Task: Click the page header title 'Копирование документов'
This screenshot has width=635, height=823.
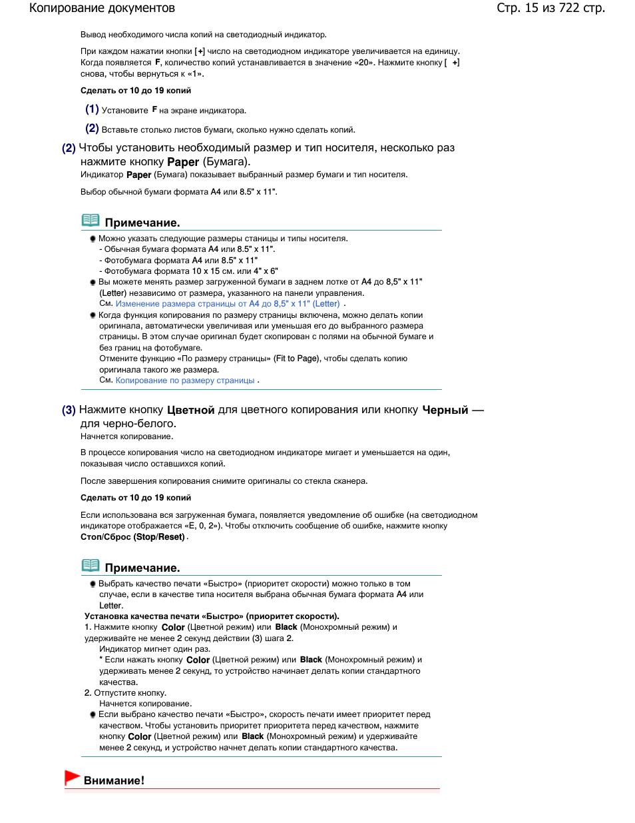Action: point(102,9)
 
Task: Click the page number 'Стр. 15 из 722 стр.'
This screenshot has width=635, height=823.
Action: point(550,9)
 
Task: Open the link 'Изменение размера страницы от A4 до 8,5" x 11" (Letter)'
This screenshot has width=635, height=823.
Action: point(228,304)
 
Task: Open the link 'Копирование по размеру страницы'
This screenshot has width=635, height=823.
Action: point(185,381)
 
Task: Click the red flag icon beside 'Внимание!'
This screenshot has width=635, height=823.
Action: point(72,777)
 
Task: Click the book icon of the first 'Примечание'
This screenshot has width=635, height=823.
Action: point(91,221)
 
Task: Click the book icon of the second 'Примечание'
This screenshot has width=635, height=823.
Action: point(91,566)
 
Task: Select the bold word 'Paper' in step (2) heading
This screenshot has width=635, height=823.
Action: point(183,162)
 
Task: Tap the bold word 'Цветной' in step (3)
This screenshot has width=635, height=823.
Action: point(190,410)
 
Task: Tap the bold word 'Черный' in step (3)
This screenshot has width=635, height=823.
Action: point(445,410)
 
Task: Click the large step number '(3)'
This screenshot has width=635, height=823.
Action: point(69,410)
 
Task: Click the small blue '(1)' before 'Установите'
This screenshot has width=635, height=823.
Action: point(92,109)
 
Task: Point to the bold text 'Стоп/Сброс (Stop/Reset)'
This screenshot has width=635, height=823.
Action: point(133,537)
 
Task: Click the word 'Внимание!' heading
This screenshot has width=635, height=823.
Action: point(114,780)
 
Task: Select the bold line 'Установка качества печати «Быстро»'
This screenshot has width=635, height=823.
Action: point(212,616)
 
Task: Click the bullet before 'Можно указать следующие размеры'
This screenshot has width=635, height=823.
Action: point(93,239)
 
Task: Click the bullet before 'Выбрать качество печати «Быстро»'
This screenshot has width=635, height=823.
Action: point(93,584)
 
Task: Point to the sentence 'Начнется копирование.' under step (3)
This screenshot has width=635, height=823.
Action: point(126,436)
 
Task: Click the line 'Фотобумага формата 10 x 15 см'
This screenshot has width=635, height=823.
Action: point(190,271)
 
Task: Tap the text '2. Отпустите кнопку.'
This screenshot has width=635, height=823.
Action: point(125,693)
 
